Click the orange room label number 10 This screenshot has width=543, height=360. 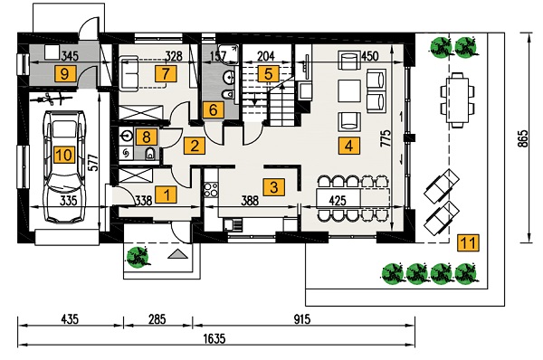[x=64, y=154]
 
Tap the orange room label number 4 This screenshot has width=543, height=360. [x=348, y=146]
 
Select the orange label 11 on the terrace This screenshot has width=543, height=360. [x=469, y=242]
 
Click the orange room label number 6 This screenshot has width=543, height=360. [x=214, y=109]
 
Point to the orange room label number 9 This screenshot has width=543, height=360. [x=65, y=73]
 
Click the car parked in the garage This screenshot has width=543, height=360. [x=64, y=166]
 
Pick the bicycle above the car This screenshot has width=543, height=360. [x=52, y=99]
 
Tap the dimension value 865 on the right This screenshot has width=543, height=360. [x=524, y=138]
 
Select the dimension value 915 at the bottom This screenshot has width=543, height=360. [x=302, y=318]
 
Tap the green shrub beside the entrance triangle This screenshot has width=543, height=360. [x=138, y=257]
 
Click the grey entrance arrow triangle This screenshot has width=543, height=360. [x=178, y=254]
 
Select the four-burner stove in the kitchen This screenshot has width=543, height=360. [x=211, y=189]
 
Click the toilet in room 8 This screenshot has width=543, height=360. [x=150, y=154]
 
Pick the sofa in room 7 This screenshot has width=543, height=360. [x=129, y=73]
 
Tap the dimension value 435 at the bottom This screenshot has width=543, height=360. [x=70, y=318]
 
